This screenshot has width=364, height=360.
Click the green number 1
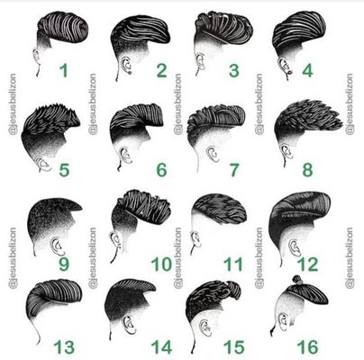(x=64, y=70)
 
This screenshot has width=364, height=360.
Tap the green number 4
(x=307, y=71)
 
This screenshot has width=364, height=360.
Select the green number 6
(x=161, y=170)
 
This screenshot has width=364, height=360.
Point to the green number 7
(x=234, y=170)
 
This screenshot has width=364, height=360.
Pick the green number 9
(x=64, y=264)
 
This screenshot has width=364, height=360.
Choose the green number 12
(x=307, y=265)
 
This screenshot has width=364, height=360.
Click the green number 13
(x=64, y=347)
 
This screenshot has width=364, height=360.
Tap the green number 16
(x=307, y=347)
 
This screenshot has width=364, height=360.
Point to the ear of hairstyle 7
(x=213, y=155)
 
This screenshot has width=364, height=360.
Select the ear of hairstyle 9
(x=57, y=247)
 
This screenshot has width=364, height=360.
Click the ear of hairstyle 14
(x=129, y=325)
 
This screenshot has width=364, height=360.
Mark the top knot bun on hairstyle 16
(x=297, y=280)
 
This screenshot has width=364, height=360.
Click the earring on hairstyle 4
(x=290, y=73)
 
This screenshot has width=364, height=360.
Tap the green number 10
(x=161, y=265)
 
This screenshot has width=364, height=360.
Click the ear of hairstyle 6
(x=125, y=155)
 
